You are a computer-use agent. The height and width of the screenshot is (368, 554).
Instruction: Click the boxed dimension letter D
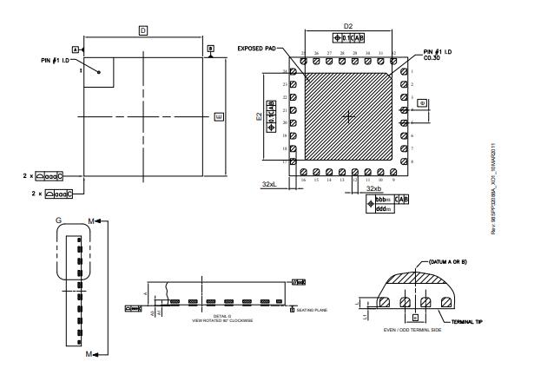pyautogui.click(x=143, y=30)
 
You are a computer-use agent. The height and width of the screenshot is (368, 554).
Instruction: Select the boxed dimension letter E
pyautogui.click(x=218, y=115)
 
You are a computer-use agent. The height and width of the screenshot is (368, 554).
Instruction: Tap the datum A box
pyautogui.click(x=76, y=49)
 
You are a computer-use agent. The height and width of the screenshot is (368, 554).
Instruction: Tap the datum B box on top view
pyautogui.click(x=210, y=49)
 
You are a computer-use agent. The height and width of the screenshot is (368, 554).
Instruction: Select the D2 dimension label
pyautogui.click(x=348, y=27)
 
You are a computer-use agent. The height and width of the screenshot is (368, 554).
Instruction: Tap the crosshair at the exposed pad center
pyautogui.click(x=349, y=115)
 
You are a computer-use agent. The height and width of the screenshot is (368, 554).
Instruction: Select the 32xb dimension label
pyautogui.click(x=373, y=187)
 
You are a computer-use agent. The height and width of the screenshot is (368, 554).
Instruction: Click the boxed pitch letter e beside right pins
pyautogui.click(x=421, y=102)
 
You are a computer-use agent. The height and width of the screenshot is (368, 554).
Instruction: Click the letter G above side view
pyautogui.click(x=59, y=221)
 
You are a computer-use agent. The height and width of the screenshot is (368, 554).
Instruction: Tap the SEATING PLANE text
pyautogui.click(x=312, y=309)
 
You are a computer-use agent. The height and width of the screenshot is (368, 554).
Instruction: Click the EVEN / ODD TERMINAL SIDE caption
pyautogui.click(x=414, y=331)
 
